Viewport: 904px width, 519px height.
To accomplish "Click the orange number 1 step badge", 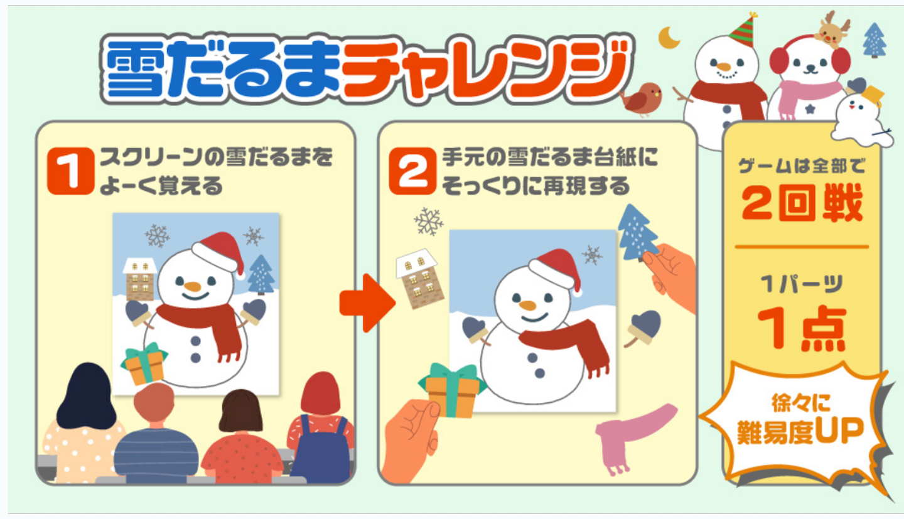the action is click(70, 171).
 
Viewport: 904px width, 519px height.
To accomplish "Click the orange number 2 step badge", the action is click(412, 171).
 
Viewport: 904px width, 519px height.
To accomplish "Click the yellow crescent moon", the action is click(668, 38).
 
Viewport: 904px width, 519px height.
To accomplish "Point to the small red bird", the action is click(642, 99).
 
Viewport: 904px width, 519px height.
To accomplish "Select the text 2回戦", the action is click(802, 203).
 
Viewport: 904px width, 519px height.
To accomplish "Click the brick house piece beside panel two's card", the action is click(420, 279).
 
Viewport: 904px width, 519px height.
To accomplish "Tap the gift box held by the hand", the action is click(453, 390).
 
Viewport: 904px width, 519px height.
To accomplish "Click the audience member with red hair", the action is click(321, 428).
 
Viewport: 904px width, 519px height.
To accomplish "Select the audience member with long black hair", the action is click(85, 424).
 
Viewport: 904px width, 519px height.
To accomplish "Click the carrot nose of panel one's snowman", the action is click(193, 287).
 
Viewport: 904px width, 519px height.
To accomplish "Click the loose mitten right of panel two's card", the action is click(643, 328).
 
